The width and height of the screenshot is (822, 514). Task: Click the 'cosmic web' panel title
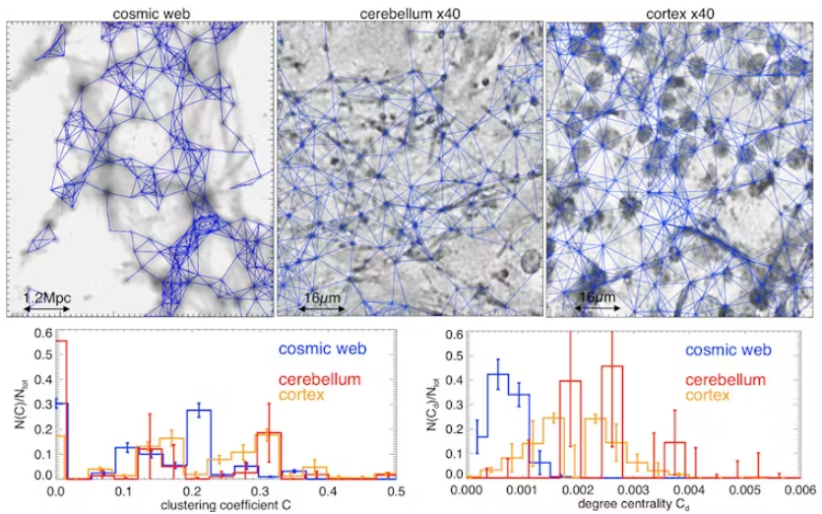(x=140, y=10)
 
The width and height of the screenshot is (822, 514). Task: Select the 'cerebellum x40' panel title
(x=409, y=10)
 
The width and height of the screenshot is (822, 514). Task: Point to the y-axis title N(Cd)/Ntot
(x=424, y=405)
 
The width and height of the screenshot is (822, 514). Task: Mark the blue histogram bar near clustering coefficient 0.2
(x=198, y=443)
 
